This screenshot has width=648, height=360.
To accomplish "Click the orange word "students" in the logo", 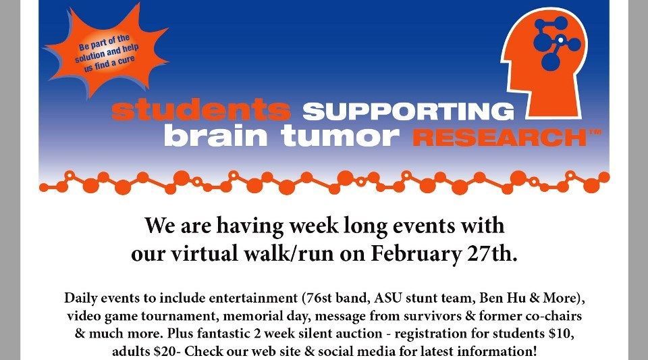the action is tap(201, 110).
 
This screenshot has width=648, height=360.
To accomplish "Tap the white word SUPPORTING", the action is tap(408, 111).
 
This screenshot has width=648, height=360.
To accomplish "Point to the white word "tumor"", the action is tap(340, 136).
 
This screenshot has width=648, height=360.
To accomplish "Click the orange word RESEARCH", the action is tap(500, 138).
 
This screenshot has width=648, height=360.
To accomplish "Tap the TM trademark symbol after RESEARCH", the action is tap(594, 132).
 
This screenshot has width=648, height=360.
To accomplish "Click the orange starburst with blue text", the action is tap(107, 51).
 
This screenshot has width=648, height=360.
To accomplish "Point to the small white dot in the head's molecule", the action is tap(560, 40).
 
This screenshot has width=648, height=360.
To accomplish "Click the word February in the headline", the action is tap(415, 253).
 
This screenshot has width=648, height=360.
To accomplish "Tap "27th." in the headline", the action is tap(492, 253).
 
